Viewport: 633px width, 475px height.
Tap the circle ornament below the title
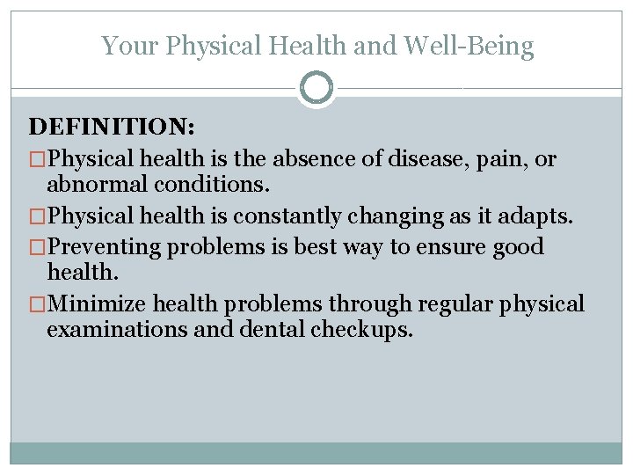click(316, 88)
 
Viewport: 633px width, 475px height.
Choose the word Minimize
click(98, 304)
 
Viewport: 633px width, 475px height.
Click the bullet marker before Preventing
click(37, 247)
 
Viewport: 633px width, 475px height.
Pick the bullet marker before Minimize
click(37, 305)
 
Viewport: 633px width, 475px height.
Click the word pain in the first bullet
click(498, 159)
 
